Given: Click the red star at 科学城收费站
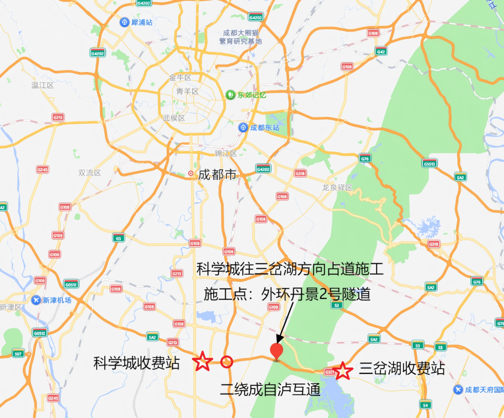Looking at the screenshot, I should [x=202, y=362].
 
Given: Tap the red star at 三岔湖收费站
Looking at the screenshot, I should [x=344, y=370].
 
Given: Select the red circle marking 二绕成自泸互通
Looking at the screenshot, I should [x=227, y=361].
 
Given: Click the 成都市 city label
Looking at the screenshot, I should [x=217, y=175].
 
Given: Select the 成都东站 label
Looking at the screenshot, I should [x=264, y=128].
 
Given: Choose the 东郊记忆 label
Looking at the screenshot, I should [x=251, y=94].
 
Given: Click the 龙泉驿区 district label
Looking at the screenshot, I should [x=337, y=188].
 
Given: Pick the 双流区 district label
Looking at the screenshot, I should [x=90, y=172].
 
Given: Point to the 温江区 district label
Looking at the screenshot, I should [x=42, y=85].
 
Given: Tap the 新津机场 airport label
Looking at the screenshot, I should [x=56, y=300].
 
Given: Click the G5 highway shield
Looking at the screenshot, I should [x=119, y=238].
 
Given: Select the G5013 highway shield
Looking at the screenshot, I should [x=429, y=163].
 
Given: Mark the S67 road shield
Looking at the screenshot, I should [x=18, y=353].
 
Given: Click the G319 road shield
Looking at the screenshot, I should [x=433, y=244].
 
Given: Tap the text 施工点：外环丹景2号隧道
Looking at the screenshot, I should [x=287, y=294].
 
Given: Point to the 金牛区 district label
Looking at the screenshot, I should [x=180, y=78].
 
